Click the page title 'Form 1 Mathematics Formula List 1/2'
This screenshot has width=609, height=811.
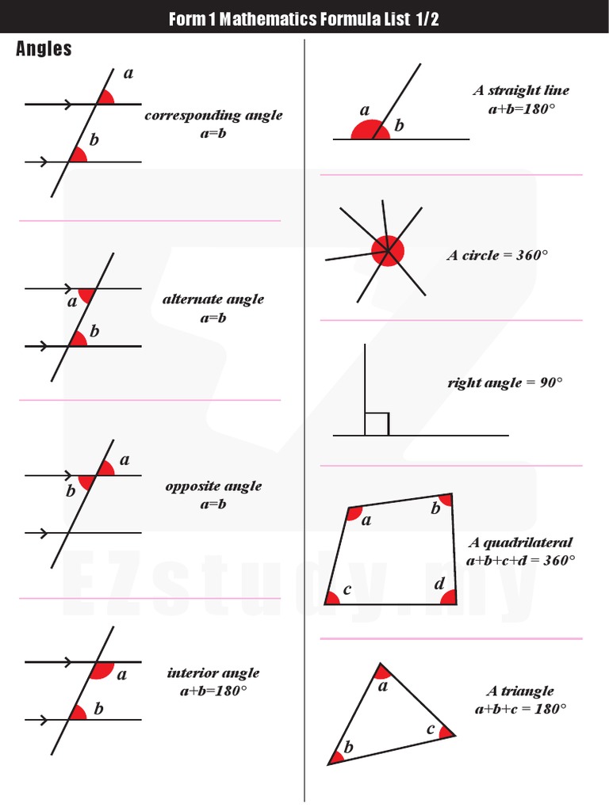[304, 19]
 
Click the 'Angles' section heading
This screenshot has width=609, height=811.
[44, 49]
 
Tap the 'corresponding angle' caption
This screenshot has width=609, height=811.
[213, 116]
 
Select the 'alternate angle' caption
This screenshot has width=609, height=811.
[213, 299]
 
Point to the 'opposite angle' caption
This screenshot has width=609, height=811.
[213, 486]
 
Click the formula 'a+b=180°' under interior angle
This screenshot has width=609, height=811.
[213, 691]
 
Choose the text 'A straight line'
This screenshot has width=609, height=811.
[521, 90]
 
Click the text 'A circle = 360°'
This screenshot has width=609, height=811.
[497, 256]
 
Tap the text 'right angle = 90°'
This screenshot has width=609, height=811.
[505, 383]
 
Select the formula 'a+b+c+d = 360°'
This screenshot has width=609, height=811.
[521, 561]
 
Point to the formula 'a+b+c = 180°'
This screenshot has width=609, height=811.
[521, 710]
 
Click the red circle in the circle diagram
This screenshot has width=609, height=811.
[388, 251]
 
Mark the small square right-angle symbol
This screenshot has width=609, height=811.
[377, 424]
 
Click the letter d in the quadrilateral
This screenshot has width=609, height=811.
[440, 584]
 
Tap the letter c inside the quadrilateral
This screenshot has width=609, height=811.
[347, 590]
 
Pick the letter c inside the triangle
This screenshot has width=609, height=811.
[431, 729]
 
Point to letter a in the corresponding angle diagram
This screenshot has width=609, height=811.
[128, 74]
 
